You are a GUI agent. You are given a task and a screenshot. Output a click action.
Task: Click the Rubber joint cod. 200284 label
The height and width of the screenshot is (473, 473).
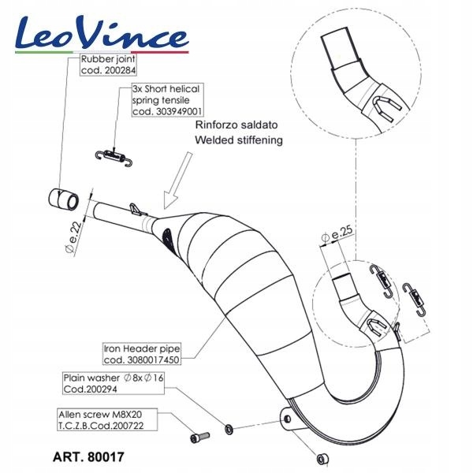click(106, 64)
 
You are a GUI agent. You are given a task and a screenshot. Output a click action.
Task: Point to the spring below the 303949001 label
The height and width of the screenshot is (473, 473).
click(117, 152)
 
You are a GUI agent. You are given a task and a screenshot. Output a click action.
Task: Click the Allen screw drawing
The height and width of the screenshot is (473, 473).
click(199, 436)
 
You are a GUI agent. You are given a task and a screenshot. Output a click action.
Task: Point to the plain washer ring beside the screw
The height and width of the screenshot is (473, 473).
click(229, 430)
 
